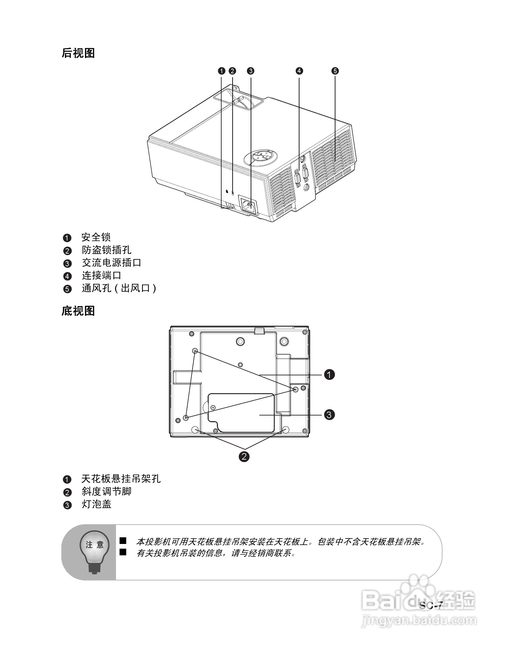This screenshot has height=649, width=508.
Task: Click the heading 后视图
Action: (78, 53)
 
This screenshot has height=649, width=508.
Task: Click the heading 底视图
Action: (78, 311)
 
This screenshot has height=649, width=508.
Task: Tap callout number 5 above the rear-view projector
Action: (335, 71)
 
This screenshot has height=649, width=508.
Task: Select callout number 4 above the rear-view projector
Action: (299, 71)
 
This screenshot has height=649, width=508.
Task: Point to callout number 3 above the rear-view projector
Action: (250, 71)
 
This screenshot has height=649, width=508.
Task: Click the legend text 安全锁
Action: (96, 238)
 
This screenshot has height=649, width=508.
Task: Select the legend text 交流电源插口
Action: (112, 263)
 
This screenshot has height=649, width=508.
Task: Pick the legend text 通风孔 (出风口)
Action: (119, 288)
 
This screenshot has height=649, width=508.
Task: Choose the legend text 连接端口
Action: (102, 276)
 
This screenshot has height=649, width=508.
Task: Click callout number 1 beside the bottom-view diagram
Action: (330, 374)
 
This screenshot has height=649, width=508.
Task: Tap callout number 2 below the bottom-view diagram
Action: (244, 456)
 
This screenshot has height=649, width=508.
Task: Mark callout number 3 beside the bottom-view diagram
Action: (330, 415)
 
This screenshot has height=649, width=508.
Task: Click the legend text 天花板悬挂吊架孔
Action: (121, 479)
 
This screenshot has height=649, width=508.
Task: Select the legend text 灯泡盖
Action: (97, 504)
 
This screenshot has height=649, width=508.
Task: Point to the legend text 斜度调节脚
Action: (107, 492)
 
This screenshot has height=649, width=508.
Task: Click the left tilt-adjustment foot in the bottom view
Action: (195, 429)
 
